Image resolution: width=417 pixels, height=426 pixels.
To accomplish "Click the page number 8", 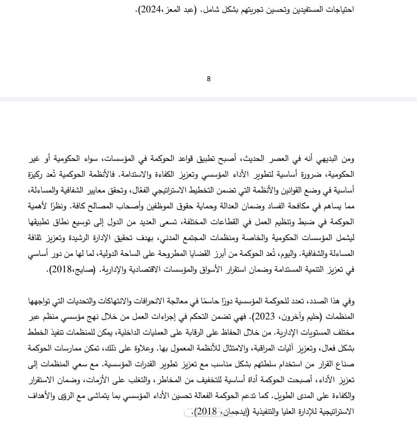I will point(209,79).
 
